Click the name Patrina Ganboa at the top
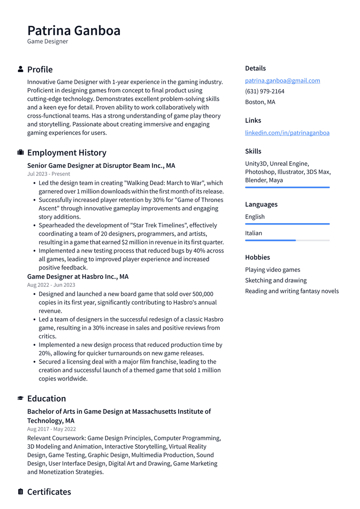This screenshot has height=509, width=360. click(74, 30)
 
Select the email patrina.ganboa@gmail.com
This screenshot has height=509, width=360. click(282, 81)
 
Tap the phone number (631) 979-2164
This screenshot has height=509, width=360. click(264, 91)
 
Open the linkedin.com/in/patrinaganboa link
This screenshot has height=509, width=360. click(287, 133)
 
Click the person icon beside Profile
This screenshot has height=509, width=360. click(21, 69)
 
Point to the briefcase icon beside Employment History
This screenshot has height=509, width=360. click(21, 153)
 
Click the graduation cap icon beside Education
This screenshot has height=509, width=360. click(21, 398)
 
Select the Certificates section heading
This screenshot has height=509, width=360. click(49, 492)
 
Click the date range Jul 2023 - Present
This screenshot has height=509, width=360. click(48, 174)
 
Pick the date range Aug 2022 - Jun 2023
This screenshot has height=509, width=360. click(51, 285)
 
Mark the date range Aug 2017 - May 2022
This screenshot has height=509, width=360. click(51, 429)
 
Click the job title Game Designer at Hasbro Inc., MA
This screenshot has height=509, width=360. click(77, 277)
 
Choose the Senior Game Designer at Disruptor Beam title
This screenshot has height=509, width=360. click(101, 165)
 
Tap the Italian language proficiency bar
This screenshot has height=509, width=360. click(287, 240)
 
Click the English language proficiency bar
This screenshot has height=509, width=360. click(287, 224)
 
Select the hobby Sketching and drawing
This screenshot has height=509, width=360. click(276, 280)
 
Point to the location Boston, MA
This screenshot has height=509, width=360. click(260, 102)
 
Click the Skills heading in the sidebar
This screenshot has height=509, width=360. click(253, 151)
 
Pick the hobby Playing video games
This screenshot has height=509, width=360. click(272, 269)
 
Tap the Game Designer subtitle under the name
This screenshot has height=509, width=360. click(47, 42)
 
